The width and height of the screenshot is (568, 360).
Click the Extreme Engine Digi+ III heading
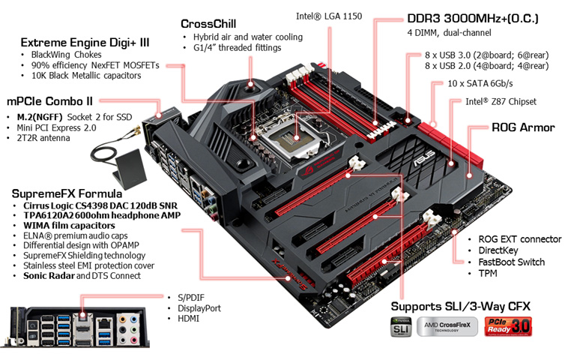coord(84,42)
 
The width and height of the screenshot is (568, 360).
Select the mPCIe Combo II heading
coord(50,100)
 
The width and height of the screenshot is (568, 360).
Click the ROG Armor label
coord(522,127)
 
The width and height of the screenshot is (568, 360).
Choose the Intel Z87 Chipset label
coord(501,101)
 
